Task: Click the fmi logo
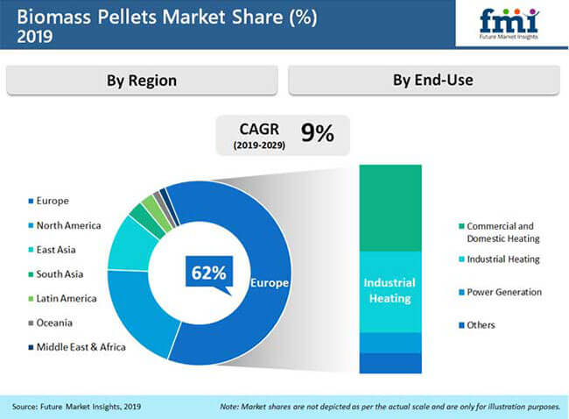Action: coord(509,24)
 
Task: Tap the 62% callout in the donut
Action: coord(209,273)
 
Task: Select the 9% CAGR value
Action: coord(318,133)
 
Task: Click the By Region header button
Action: coord(142,81)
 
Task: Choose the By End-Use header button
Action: coord(424,81)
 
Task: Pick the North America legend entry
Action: coord(65,225)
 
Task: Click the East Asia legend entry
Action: coord(53,250)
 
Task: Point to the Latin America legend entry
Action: coord(63,299)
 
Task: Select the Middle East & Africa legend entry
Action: coord(77,347)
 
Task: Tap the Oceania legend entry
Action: coord(51,323)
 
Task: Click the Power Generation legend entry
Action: coord(501,292)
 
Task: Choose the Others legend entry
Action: coord(477,325)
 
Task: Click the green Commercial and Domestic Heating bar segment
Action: coord(390,208)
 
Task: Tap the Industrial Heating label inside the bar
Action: coord(390,291)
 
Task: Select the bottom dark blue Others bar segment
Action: coord(390,363)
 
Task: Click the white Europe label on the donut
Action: coord(270,283)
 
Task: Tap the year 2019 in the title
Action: coord(35,36)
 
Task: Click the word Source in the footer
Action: coord(25,407)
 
